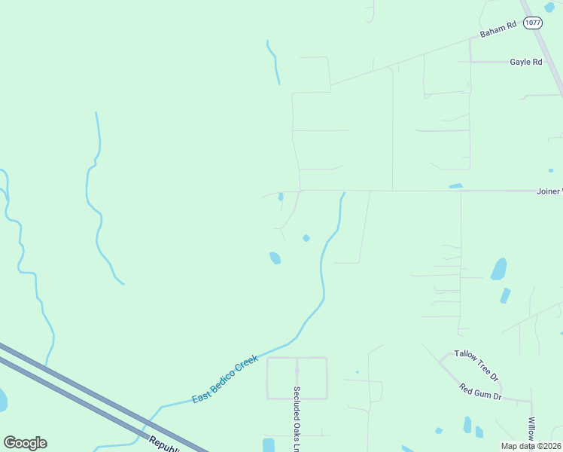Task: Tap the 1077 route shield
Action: (x=533, y=23)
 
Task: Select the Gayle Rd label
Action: (x=525, y=62)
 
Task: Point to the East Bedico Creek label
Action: (x=224, y=378)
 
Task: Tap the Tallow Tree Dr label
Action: (x=476, y=365)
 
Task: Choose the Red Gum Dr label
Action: (x=480, y=392)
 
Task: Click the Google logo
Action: (x=25, y=443)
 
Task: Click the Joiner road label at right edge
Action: (x=549, y=191)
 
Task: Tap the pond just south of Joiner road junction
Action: (x=281, y=197)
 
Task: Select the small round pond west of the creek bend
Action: (x=306, y=238)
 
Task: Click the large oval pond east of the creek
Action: (x=498, y=269)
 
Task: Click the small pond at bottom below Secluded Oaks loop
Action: (x=269, y=444)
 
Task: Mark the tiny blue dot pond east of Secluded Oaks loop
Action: (x=357, y=371)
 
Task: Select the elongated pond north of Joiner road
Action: (x=455, y=185)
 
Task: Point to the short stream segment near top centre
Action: (x=274, y=60)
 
